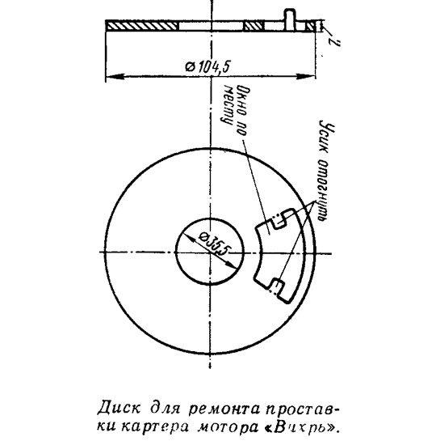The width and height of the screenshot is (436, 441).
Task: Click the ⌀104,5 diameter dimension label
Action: [208, 67]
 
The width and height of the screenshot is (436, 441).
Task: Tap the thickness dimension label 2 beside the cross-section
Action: [335, 40]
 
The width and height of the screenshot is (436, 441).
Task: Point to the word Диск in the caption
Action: [119, 409]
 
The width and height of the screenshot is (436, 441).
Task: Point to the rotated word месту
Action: [228, 104]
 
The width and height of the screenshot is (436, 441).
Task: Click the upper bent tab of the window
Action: [279, 220]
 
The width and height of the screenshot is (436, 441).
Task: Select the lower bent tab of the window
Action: [276, 286]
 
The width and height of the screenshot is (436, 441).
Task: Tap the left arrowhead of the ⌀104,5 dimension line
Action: [115, 76]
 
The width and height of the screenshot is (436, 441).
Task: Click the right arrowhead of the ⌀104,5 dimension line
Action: [305, 76]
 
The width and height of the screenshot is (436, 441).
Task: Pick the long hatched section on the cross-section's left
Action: [142, 26]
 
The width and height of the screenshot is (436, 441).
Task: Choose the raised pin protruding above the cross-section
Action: [290, 19]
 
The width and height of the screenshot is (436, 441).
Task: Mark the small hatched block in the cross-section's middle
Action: [254, 26]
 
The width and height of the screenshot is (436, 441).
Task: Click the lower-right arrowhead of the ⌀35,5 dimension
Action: [232, 265]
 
